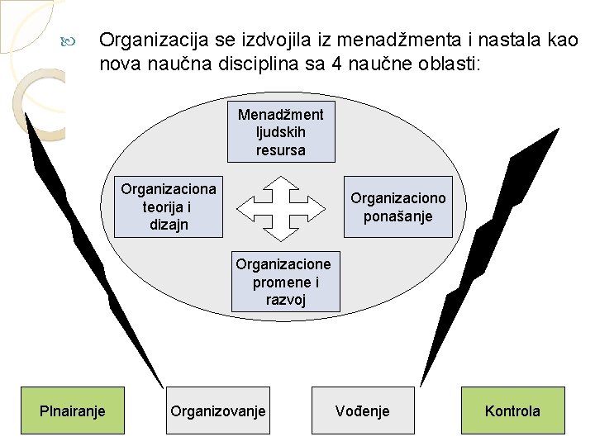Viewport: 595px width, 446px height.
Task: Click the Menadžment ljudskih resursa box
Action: coord(281,132)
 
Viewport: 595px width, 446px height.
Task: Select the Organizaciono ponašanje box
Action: coord(398,206)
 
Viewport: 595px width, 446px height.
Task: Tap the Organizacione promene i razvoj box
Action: coord(283,282)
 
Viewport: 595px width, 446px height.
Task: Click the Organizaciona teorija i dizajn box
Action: coord(169,206)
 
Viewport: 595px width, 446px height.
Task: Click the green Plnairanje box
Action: coord(73,410)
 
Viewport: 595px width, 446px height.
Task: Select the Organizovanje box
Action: coord(218,410)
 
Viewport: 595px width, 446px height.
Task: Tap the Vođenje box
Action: coord(363,410)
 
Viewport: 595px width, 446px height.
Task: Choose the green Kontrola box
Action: coord(512,410)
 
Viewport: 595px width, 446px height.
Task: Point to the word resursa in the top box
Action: coord(281,150)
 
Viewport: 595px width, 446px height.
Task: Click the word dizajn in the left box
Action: coord(169,225)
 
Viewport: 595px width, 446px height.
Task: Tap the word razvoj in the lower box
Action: coord(285,300)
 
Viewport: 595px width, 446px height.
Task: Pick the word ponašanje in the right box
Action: coord(398,216)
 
